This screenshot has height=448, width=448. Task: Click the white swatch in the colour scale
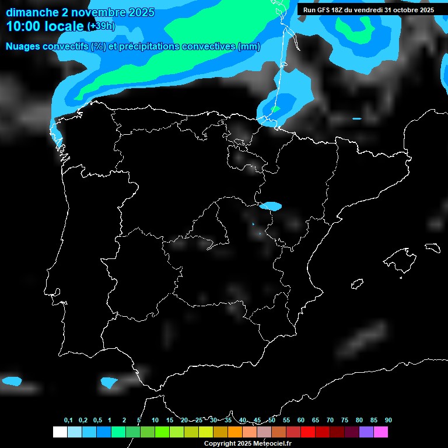coord(60,432)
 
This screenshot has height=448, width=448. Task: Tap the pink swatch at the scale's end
coord(381,432)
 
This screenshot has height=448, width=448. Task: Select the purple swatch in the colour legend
coord(366,432)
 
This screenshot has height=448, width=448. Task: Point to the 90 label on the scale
coord(388,420)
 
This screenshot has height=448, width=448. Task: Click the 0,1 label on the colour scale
coord(68,420)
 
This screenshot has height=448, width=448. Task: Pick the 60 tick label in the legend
coord(301,420)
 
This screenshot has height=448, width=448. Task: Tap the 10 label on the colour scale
coord(155,420)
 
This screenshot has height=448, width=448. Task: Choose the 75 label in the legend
coord(345,420)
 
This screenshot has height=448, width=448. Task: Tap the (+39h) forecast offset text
coord(101,26)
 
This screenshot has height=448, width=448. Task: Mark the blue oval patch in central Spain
coord(271,206)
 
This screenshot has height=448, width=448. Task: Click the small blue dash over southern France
coord(357,119)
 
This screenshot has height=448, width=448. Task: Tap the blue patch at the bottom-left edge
coord(11,381)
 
